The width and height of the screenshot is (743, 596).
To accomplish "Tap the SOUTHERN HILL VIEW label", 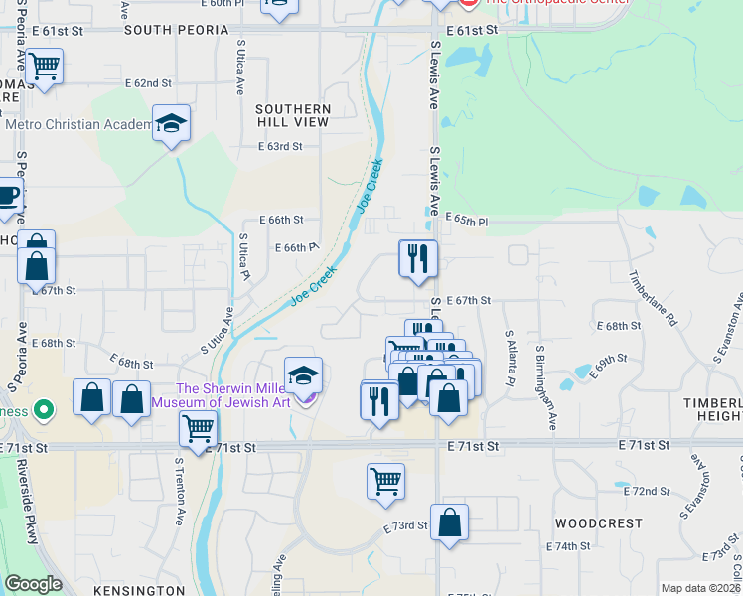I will point(292,115).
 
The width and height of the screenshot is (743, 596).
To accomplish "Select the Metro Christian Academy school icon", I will point(172,124).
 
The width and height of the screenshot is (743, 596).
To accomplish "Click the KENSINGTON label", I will point(139,590).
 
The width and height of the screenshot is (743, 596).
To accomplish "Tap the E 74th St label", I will point(569,546).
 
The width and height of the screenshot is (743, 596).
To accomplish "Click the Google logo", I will point(33,584).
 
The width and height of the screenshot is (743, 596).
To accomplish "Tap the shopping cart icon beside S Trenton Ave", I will point(198,429).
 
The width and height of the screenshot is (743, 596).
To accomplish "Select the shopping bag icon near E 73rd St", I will point(449,521).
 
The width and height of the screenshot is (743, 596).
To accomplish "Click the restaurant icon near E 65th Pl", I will point(418,258).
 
